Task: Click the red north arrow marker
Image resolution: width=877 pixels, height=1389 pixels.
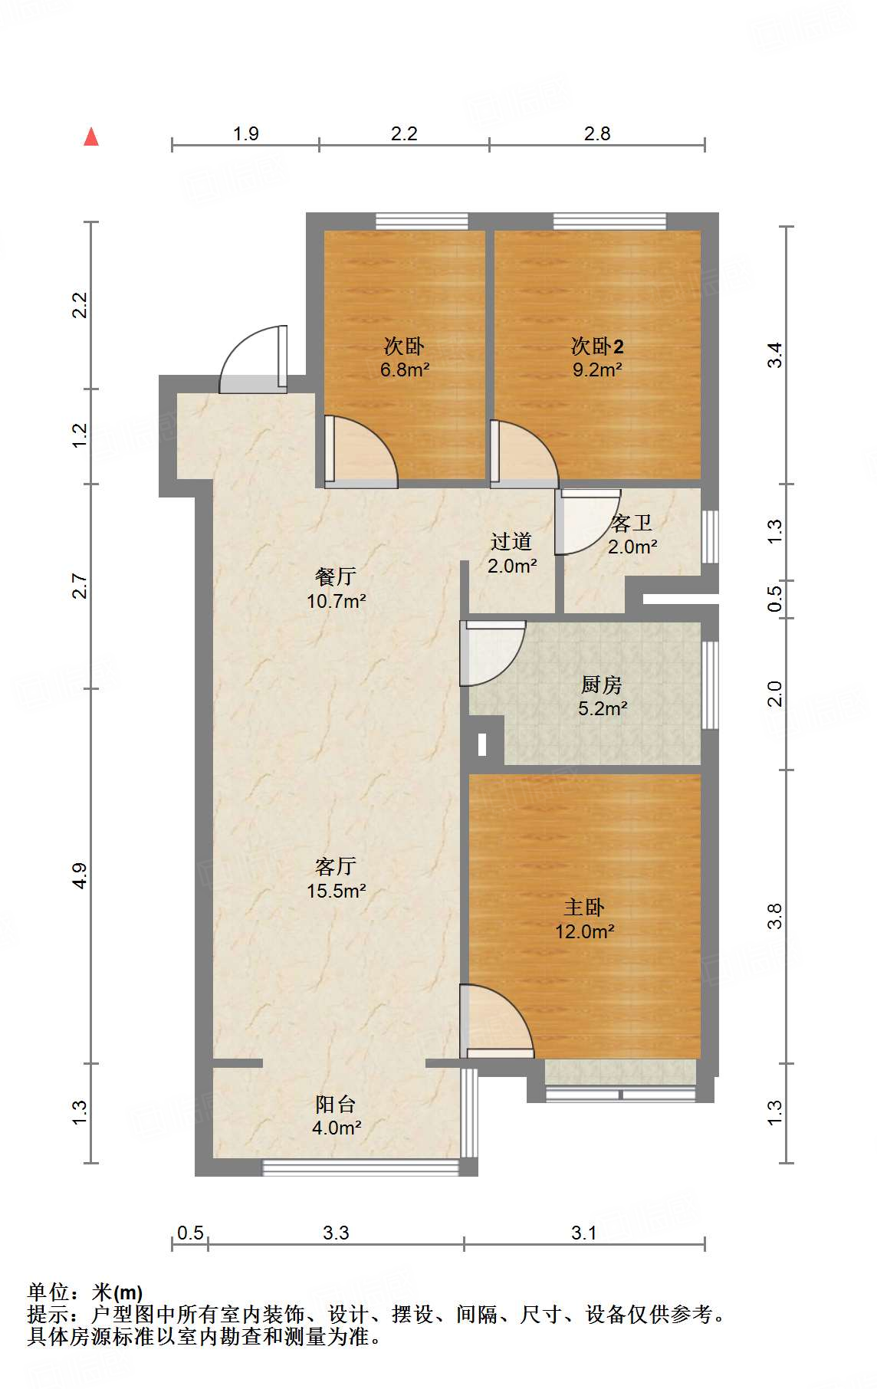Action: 91,136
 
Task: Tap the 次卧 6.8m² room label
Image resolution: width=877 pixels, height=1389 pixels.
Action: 404,358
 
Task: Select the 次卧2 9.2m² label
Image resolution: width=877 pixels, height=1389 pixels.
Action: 597,358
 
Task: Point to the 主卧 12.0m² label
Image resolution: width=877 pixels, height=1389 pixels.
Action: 585,919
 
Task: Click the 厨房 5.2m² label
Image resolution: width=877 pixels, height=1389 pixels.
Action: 602,696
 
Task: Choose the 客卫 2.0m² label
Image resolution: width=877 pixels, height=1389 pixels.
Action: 632,534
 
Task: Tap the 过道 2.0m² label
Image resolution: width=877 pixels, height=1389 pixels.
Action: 511,553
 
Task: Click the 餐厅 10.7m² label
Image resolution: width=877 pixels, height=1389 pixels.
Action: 336,588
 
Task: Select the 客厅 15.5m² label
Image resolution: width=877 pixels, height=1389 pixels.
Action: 336,878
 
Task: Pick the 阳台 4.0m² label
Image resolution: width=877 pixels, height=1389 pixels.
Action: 336,1115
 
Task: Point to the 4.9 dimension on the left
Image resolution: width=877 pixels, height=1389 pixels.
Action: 80,875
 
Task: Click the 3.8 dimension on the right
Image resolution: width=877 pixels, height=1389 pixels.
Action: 774,916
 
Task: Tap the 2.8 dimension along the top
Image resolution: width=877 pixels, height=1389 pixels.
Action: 597,133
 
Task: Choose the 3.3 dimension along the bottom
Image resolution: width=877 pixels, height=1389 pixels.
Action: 336,1233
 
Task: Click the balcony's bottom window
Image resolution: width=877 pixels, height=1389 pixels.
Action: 361,1167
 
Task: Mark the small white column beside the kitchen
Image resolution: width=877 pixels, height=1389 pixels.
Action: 482,744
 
